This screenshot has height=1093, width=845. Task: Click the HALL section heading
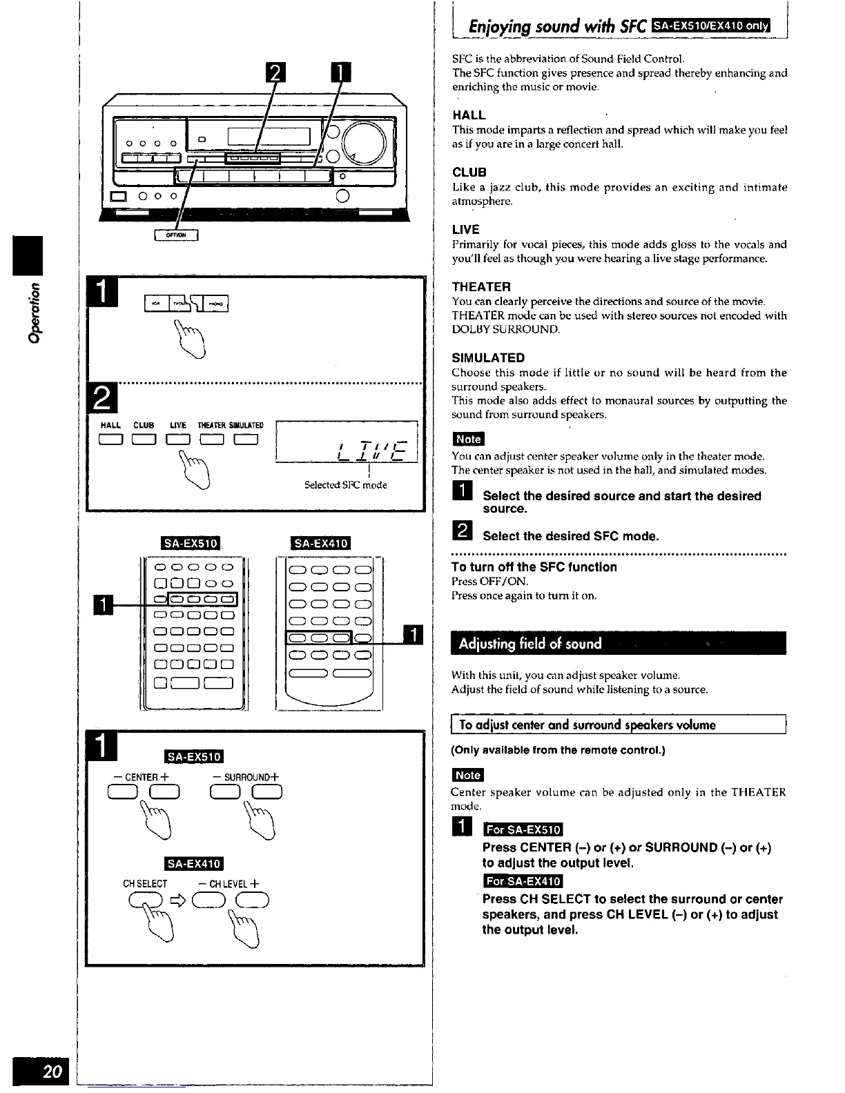pyautogui.click(x=469, y=115)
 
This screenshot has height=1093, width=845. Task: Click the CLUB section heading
pyautogui.click(x=469, y=172)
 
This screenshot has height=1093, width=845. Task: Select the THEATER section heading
pyautogui.click(x=481, y=286)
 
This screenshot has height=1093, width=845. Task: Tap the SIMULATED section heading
pyautogui.click(x=488, y=357)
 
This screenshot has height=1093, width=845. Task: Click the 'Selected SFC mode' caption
pyautogui.click(x=345, y=485)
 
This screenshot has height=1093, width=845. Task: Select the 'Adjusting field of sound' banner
pyautogui.click(x=530, y=644)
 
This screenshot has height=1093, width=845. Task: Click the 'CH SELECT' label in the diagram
pyautogui.click(x=145, y=884)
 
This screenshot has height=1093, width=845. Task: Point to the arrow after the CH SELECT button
pyautogui.click(x=178, y=901)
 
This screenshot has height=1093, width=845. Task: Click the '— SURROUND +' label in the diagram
pyautogui.click(x=246, y=778)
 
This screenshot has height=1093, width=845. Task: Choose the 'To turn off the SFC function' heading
pyautogui.click(x=534, y=567)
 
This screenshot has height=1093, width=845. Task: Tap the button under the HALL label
pyautogui.click(x=110, y=440)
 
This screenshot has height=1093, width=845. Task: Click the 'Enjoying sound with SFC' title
pyautogui.click(x=557, y=27)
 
